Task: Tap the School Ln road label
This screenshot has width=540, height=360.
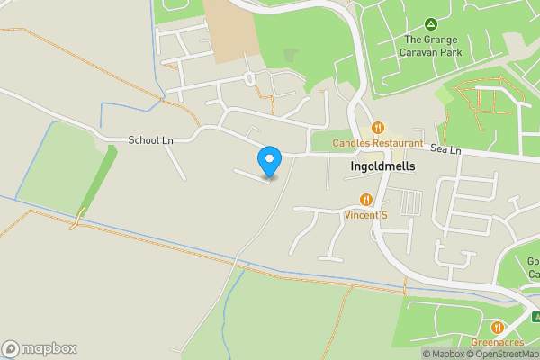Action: click(150, 140)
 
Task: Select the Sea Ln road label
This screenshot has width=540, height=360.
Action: click(445, 148)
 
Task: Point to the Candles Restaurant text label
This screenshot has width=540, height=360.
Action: click(377, 143)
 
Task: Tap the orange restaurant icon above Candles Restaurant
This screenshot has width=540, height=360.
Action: click(378, 128)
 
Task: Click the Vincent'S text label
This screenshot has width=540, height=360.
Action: click(365, 215)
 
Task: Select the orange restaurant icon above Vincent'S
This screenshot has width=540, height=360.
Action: click(365, 200)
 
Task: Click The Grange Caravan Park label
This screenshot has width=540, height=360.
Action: click(430, 46)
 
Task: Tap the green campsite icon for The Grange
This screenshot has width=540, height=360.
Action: click(430, 23)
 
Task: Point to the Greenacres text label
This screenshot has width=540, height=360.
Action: click(498, 342)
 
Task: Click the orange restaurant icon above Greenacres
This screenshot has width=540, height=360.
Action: click(498, 326)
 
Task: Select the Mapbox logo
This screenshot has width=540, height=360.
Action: click(40, 348)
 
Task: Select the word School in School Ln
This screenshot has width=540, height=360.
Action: click(143, 140)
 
